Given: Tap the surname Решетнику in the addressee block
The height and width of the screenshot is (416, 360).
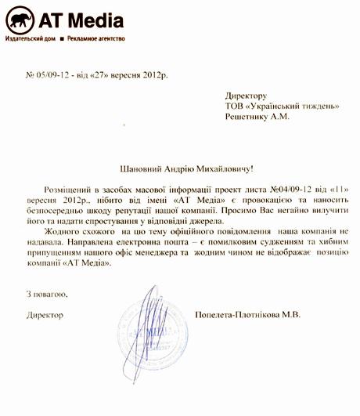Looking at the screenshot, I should click(247, 117).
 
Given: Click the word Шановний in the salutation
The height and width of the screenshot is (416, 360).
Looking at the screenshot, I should click(137, 168).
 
